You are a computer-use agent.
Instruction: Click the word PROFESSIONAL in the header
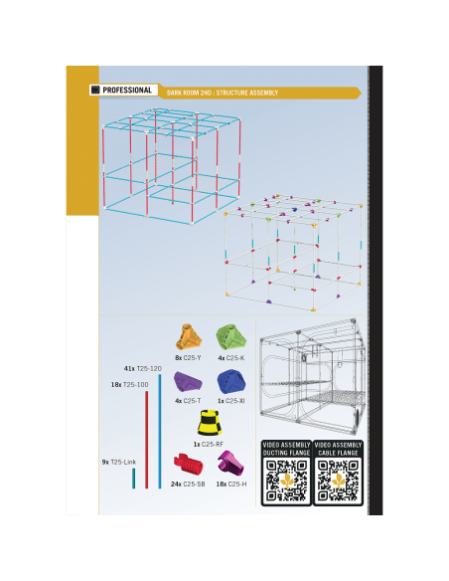[x=127, y=91]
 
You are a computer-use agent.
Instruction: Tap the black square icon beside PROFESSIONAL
[x=95, y=91]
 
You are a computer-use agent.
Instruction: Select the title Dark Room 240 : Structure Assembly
[x=223, y=93]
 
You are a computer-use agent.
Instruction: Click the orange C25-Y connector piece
[x=189, y=337]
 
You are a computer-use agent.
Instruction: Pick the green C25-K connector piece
[x=231, y=337]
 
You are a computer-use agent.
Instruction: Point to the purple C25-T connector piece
[x=188, y=382]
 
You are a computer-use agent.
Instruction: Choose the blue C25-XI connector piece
[x=231, y=382]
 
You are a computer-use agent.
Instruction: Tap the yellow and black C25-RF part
[x=210, y=423]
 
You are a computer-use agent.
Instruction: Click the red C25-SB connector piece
[x=189, y=464]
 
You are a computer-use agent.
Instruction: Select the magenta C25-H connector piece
[x=230, y=463]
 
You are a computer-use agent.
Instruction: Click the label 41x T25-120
[x=143, y=369]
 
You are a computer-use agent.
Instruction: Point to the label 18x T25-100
[x=129, y=385]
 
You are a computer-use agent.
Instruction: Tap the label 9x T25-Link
[x=119, y=462]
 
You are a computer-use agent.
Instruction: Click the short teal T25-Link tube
[x=133, y=479]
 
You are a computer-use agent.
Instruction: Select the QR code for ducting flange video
[x=286, y=481]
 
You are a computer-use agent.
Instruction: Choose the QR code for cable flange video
[x=338, y=481]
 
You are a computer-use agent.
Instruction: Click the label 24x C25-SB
[x=188, y=484]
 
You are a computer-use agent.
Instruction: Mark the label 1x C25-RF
[x=209, y=444]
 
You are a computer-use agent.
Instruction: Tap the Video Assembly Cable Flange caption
[x=338, y=449]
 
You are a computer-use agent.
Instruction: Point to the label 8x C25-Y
[x=189, y=358]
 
